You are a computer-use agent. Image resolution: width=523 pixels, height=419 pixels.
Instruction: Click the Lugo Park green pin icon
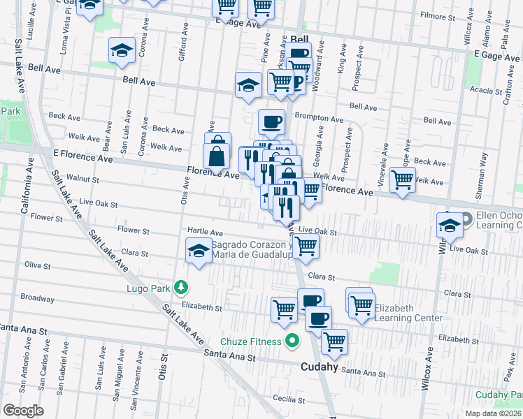pyautogui.click(x=181, y=286)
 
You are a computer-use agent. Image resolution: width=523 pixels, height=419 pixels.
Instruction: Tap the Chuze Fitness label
pyautogui.click(x=250, y=341)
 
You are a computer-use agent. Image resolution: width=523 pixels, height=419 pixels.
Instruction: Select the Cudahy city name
pyautogui.click(x=319, y=366)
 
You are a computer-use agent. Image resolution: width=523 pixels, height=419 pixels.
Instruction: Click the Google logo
pyautogui.click(x=23, y=410)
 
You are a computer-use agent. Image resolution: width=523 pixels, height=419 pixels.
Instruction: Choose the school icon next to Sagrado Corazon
pyautogui.click(x=199, y=251)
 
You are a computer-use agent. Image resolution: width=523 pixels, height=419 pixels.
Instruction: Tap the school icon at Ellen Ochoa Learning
pyautogui.click(x=450, y=225)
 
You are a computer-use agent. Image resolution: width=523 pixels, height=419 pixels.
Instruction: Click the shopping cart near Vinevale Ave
pyautogui.click(x=403, y=179)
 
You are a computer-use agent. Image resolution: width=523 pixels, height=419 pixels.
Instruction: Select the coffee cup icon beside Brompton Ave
pyautogui.click(x=271, y=122)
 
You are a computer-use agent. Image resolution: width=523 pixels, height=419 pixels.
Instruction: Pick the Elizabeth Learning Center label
pyautogui.click(x=408, y=313)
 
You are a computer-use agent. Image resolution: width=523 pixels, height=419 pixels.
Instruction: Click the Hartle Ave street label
pyautogui.click(x=205, y=232)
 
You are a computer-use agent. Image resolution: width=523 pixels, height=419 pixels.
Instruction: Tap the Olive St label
pyautogui.click(x=38, y=266)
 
